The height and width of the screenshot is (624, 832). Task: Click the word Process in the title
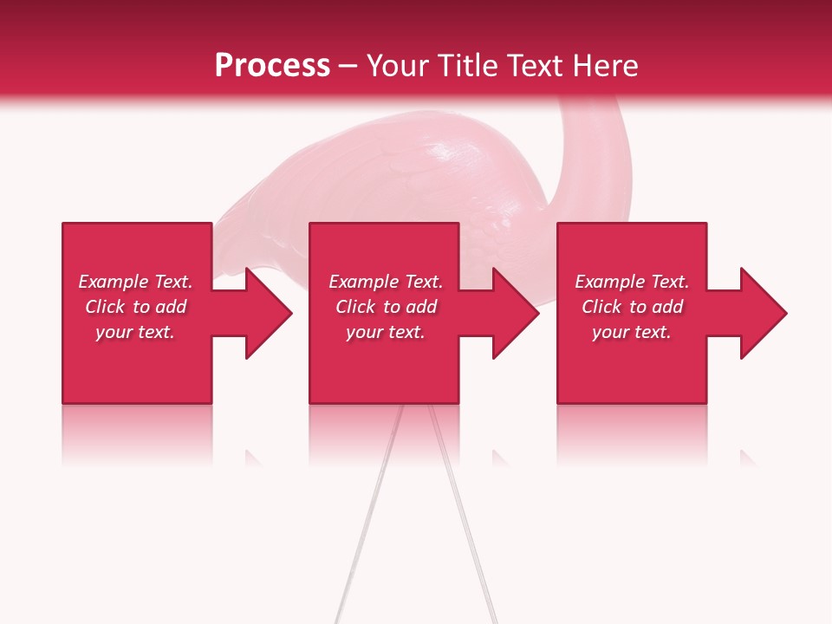click(272, 66)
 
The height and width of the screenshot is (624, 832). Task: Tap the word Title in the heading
click(466, 66)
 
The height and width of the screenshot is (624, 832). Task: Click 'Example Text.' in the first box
click(135, 282)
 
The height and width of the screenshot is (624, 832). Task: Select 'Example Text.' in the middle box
click(386, 282)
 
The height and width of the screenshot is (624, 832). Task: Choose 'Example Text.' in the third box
click(632, 282)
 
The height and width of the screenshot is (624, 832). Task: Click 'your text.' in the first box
click(135, 332)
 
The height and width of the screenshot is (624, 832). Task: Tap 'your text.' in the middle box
click(386, 332)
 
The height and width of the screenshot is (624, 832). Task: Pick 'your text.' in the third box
click(632, 332)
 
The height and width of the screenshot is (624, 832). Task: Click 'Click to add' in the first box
click(135, 307)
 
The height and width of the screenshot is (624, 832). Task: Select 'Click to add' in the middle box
click(386, 307)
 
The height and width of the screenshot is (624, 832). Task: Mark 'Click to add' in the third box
click(632, 307)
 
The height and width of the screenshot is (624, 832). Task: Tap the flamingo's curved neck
click(594, 147)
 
